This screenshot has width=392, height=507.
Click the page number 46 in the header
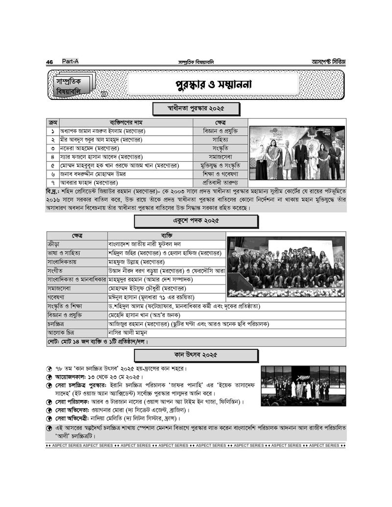tap(49, 62)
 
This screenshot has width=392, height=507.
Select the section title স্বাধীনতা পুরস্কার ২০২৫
tap(189, 108)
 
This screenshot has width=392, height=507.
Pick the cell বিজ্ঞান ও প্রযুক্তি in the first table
tap(220, 131)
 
